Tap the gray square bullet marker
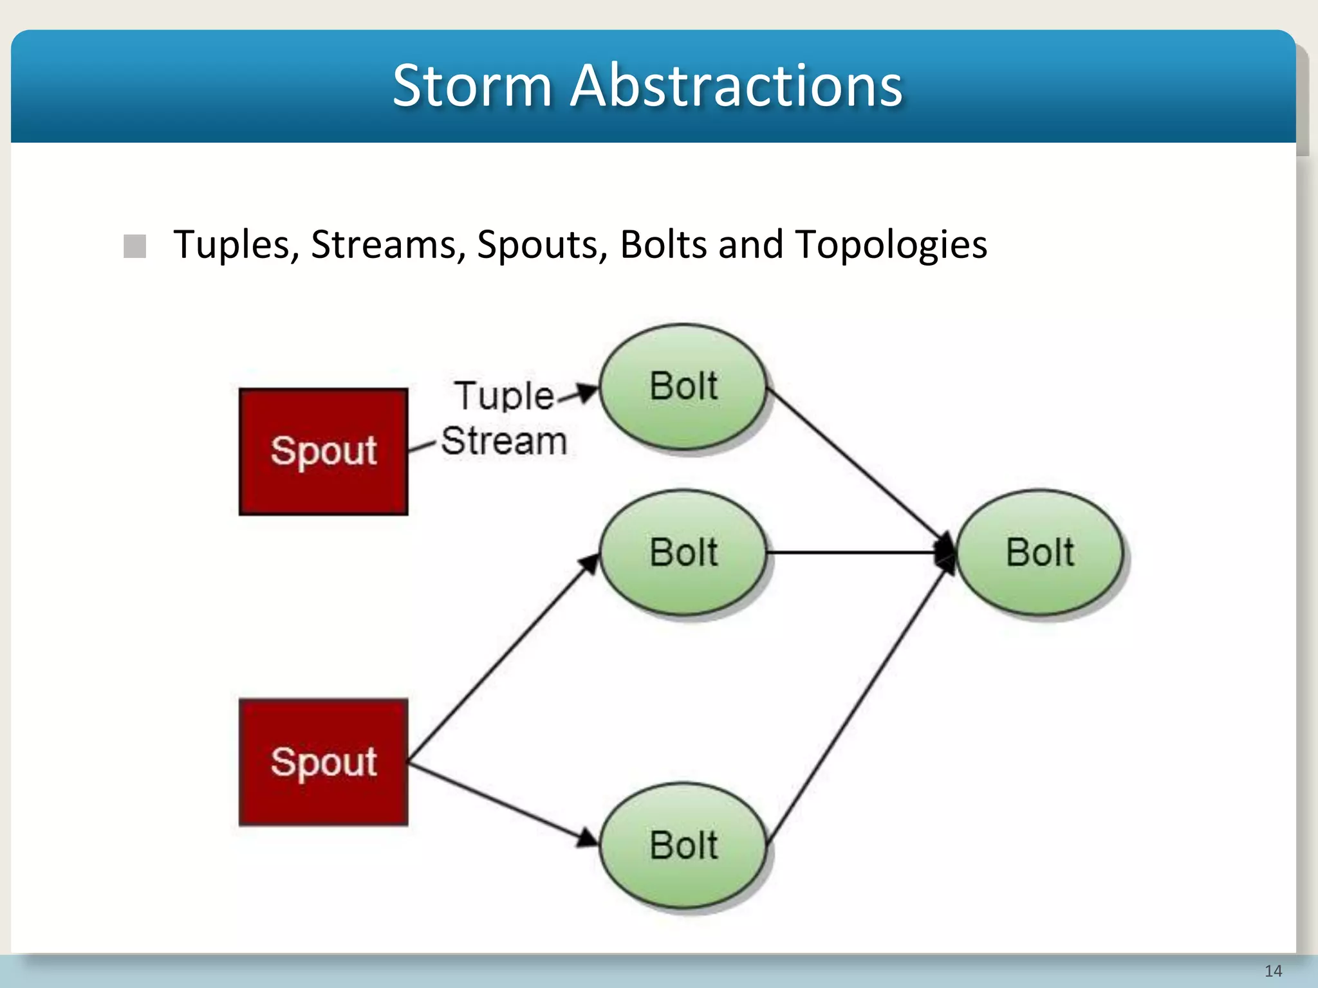(x=135, y=246)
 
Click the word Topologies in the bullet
(x=891, y=245)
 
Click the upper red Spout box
(x=323, y=452)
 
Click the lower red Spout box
(x=323, y=762)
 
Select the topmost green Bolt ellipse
(x=683, y=387)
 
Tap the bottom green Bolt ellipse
(x=683, y=845)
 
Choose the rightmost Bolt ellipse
(x=1039, y=553)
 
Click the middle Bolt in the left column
(x=683, y=553)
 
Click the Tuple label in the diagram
(x=504, y=396)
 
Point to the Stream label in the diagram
(x=504, y=441)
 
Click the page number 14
(x=1272, y=971)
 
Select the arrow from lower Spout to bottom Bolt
(x=502, y=804)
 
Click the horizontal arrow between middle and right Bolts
(x=856, y=552)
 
